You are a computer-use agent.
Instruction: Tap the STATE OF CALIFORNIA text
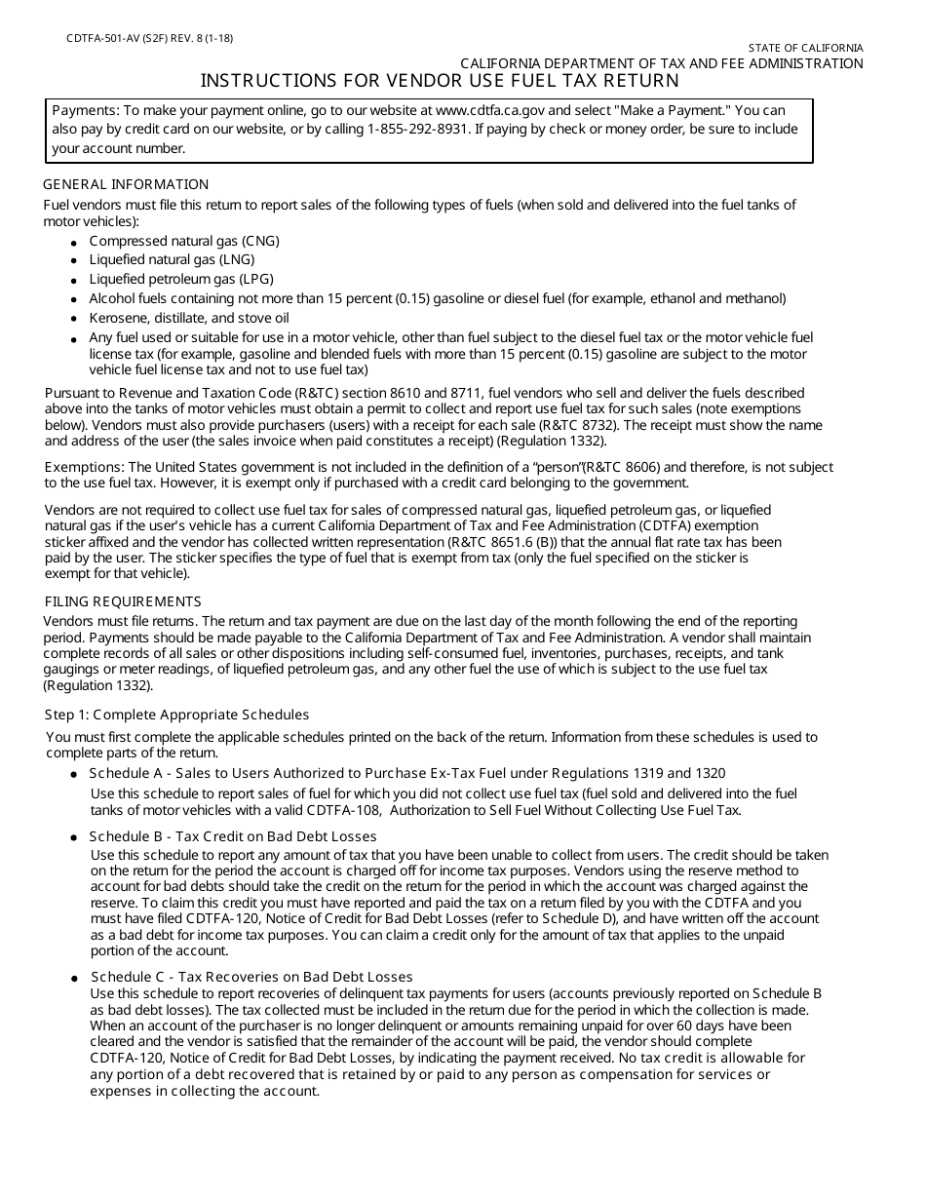(805, 48)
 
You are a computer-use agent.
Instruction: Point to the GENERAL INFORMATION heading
(127, 184)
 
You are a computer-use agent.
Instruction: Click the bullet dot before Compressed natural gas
(75, 242)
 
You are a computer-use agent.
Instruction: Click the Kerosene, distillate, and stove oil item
(189, 318)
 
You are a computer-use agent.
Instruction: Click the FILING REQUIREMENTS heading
(123, 601)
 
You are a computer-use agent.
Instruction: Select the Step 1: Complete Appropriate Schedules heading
(177, 715)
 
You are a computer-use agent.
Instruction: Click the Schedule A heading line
(407, 773)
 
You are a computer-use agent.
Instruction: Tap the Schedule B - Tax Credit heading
(233, 836)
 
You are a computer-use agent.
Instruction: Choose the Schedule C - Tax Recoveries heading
(251, 977)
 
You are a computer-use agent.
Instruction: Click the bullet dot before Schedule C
(75, 978)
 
